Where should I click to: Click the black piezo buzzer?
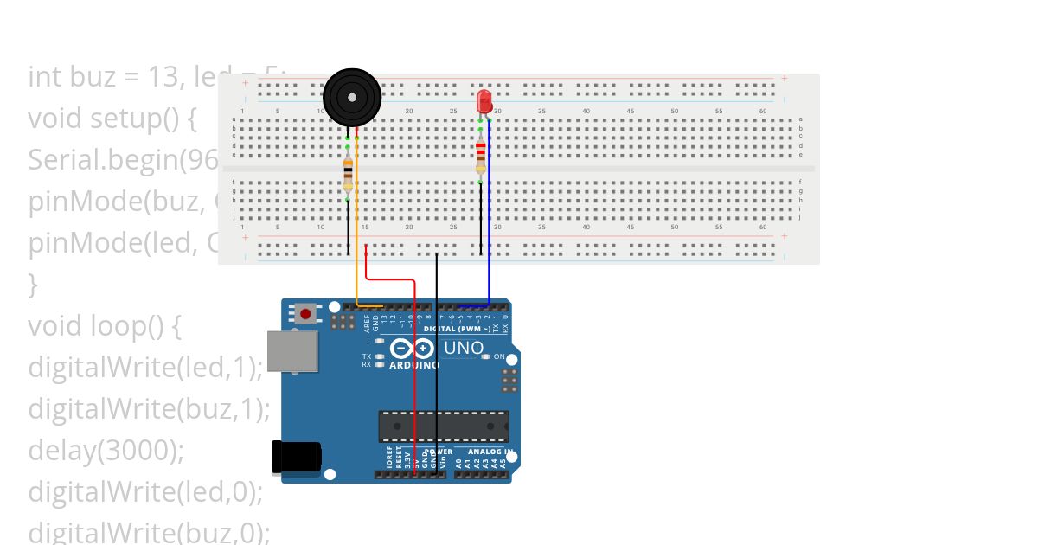(x=352, y=98)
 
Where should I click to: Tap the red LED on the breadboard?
(x=484, y=100)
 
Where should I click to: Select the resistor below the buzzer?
(x=348, y=174)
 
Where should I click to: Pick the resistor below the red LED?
(x=481, y=157)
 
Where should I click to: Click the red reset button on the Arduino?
(x=305, y=313)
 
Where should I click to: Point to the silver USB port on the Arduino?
(x=292, y=350)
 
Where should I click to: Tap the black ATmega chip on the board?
(x=443, y=426)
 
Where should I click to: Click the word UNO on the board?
(x=464, y=349)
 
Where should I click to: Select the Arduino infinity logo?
(x=412, y=349)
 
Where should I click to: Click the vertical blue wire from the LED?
(x=490, y=216)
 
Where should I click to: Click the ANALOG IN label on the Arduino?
(x=490, y=452)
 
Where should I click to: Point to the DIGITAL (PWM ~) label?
(x=459, y=330)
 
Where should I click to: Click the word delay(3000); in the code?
(x=106, y=451)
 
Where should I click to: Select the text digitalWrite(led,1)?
(x=144, y=368)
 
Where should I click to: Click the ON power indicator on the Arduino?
(x=499, y=356)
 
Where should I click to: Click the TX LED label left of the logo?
(x=367, y=356)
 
